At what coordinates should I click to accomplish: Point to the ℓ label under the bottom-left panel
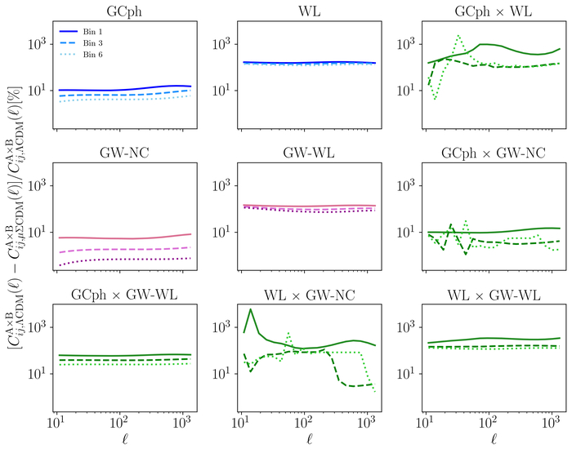coord(122,441)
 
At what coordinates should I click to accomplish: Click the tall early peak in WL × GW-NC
coord(250,309)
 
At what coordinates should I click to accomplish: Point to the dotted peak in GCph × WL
coord(458,35)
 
